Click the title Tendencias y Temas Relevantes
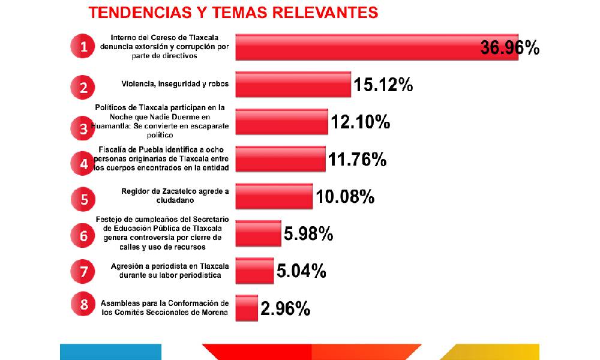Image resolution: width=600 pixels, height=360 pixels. coord(233,13)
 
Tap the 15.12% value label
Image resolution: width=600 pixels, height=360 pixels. coord(383,85)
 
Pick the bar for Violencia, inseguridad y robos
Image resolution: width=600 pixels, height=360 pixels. coord(293,85)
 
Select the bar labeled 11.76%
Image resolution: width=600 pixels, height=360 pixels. coord(280,159)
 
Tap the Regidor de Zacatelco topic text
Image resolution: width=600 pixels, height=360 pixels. coord(175,196)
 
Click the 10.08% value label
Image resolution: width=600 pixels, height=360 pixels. coord(345,196)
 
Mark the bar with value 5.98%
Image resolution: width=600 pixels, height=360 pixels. coord(258,233)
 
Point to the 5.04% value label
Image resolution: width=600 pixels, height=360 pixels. coord(301,271)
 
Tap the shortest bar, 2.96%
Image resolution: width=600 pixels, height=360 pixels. coord(247,308)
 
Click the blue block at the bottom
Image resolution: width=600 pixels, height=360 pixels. coord(110,352)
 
